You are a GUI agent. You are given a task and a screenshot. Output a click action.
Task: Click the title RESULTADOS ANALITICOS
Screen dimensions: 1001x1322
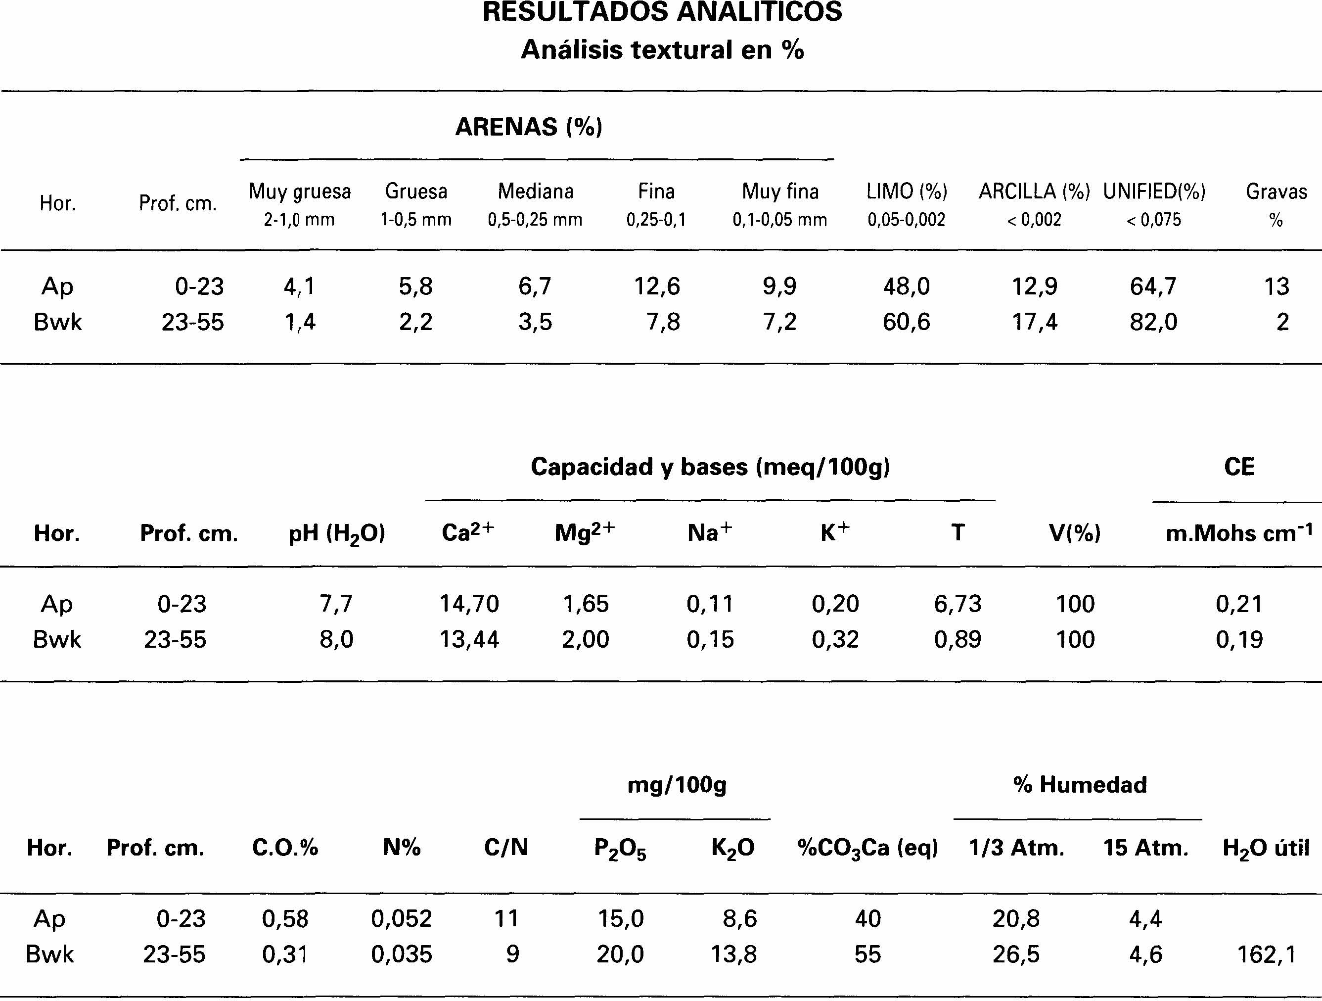click(662, 12)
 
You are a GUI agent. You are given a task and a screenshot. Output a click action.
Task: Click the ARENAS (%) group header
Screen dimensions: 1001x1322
click(529, 127)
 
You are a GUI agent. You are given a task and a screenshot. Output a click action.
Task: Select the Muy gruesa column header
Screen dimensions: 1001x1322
click(299, 192)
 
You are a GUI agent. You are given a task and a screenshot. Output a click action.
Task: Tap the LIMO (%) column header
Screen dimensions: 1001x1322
click(907, 192)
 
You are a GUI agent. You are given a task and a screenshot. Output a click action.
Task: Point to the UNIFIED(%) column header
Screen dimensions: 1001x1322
click(1154, 192)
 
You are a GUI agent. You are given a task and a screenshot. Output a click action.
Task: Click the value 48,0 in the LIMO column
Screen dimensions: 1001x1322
click(907, 287)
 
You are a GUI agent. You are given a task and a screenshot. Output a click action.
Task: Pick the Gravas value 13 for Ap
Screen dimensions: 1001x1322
click(1276, 287)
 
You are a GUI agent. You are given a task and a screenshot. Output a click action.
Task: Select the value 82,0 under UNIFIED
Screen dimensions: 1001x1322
click(1153, 322)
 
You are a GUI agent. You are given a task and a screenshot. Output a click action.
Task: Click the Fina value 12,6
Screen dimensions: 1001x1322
click(657, 287)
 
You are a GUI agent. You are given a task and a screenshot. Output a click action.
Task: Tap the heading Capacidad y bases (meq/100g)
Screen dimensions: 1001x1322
click(710, 467)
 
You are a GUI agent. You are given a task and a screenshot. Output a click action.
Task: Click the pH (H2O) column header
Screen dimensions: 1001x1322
click(336, 533)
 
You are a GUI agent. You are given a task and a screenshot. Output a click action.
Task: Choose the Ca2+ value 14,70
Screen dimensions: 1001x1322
click(469, 604)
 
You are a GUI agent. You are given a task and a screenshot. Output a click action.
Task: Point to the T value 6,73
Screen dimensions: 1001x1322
click(957, 604)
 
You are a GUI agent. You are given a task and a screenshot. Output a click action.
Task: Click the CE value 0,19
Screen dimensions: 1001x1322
click(1239, 640)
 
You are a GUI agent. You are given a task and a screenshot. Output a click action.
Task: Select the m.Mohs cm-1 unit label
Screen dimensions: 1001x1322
click(1239, 533)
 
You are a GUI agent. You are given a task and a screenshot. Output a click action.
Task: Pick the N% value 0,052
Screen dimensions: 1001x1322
click(401, 918)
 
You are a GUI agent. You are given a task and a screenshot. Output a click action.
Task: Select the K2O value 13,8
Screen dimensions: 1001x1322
click(733, 954)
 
